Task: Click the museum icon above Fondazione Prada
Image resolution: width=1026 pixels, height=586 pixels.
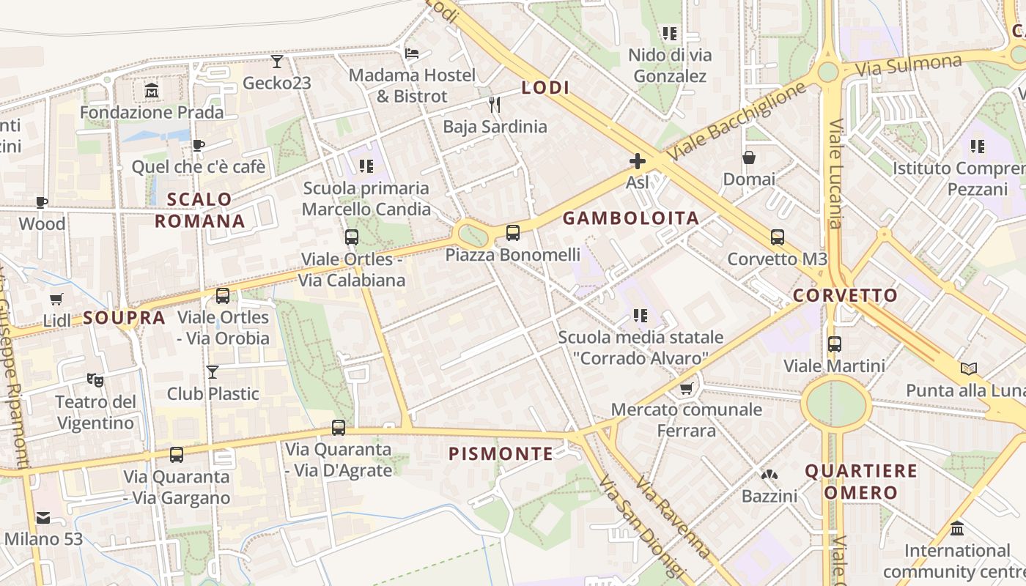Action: click(152, 91)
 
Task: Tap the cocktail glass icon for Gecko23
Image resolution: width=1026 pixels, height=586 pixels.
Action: click(277, 61)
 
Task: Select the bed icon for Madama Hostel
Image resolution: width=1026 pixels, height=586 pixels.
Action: click(412, 53)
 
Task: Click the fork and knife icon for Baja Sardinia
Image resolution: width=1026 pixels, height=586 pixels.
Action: click(495, 105)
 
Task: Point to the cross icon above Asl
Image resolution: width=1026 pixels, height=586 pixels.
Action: click(638, 160)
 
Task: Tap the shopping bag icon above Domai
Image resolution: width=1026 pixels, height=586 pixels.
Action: click(749, 157)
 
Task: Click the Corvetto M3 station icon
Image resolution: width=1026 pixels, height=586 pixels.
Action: click(777, 237)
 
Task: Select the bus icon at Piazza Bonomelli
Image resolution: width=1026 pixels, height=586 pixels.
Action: click(513, 233)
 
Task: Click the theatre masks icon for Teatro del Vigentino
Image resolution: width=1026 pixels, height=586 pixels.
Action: click(95, 379)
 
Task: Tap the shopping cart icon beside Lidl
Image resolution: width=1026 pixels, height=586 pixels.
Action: click(56, 299)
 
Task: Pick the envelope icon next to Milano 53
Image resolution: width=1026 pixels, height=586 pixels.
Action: click(43, 518)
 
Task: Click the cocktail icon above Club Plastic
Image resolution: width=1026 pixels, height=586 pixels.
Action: click(213, 372)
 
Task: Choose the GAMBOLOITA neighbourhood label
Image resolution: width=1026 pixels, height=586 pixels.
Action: click(630, 218)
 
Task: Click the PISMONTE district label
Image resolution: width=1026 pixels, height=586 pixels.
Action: click(501, 454)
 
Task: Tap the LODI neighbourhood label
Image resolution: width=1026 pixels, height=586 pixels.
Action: click(545, 88)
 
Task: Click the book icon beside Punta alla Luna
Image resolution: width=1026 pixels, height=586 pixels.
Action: click(969, 368)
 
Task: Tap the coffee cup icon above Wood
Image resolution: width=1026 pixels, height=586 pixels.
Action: click(42, 202)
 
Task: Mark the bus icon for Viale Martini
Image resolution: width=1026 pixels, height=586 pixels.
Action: click(834, 344)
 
